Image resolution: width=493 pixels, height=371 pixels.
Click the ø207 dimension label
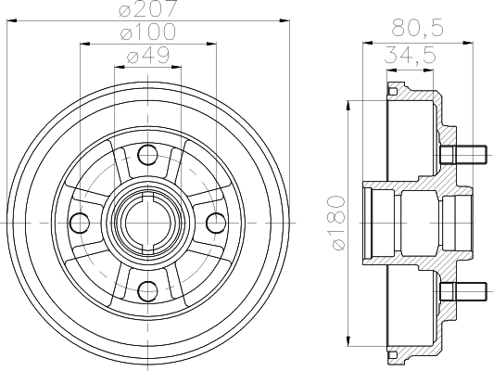point(148,8)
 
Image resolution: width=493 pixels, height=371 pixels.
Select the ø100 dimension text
point(148,32)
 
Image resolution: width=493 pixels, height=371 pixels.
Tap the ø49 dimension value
point(147,55)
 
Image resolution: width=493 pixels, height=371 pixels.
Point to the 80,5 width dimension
point(418,27)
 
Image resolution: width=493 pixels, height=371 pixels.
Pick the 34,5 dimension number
point(410,54)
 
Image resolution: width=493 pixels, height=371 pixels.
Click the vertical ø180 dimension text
point(338,223)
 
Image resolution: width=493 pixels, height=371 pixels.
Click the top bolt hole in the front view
point(147,155)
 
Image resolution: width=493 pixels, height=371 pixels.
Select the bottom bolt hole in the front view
point(147,291)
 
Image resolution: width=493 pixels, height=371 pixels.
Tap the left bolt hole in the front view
point(80,224)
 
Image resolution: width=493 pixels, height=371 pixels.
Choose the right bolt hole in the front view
point(216,224)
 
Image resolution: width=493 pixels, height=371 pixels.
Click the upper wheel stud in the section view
point(463,155)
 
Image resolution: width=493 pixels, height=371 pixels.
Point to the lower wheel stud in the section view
point(463,291)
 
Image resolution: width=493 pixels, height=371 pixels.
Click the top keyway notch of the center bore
point(147,198)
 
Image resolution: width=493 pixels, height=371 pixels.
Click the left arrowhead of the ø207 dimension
point(11,20)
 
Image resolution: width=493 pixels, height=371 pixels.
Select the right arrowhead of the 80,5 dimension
point(468,42)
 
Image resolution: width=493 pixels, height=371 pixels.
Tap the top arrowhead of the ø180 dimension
point(348,106)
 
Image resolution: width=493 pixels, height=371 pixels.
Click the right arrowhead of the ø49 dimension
point(176,67)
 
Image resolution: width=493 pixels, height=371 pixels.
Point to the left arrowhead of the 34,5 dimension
point(392,70)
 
